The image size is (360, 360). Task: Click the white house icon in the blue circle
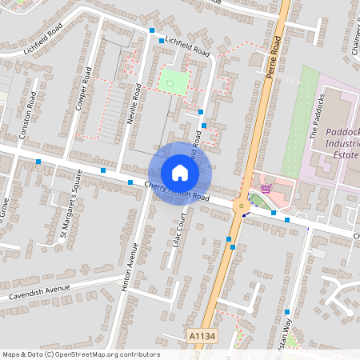click(180, 172)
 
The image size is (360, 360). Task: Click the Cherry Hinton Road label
click(178, 191)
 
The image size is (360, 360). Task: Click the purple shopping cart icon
click(266, 189)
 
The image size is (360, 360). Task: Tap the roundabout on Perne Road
click(240, 206)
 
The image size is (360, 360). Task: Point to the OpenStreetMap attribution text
click(81, 354)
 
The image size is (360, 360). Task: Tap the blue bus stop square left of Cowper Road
click(38, 162)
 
